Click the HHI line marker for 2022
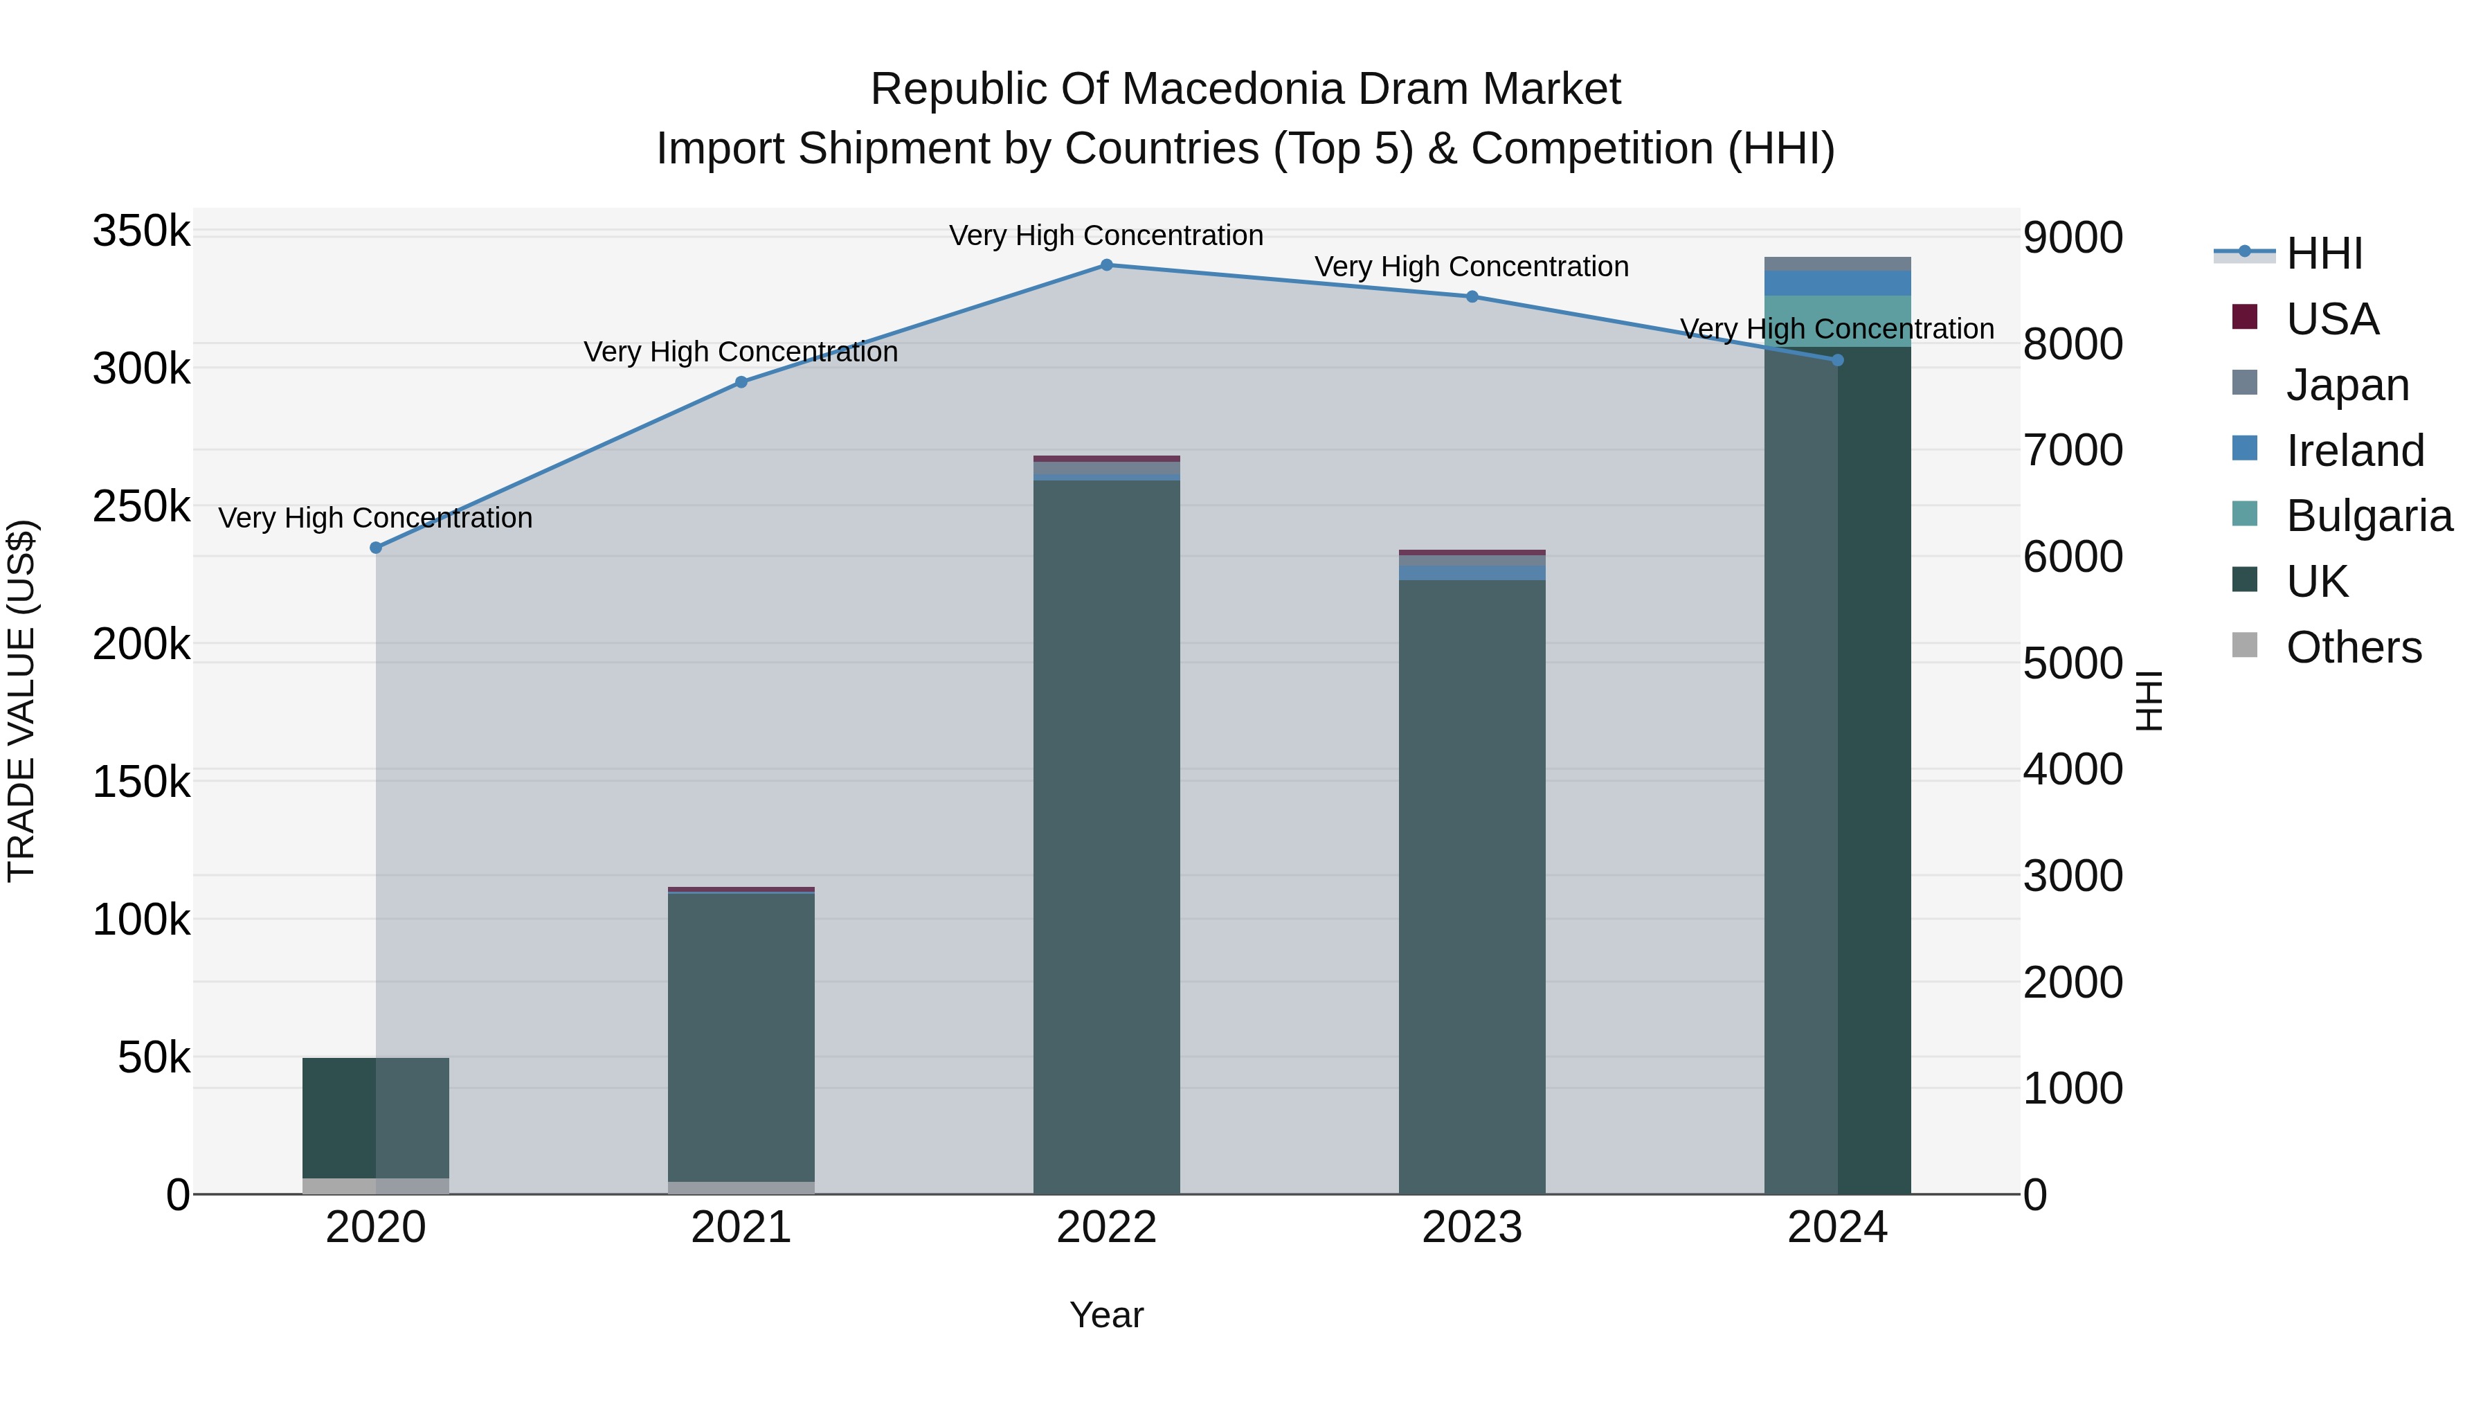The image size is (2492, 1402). click(1107, 265)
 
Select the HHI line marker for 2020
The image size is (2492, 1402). click(377, 548)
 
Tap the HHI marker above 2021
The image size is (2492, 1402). click(741, 382)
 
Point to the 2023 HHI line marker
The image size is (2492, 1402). click(1472, 297)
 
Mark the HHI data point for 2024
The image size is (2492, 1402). click(1838, 360)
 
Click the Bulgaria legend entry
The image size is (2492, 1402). click(2341, 516)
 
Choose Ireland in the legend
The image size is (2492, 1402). click(2327, 450)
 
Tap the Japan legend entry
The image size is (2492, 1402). click(2320, 384)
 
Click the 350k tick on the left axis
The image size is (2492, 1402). click(141, 232)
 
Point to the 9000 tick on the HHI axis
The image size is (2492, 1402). click(2073, 237)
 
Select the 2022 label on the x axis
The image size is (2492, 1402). click(1107, 1228)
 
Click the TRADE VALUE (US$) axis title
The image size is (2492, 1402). click(21, 701)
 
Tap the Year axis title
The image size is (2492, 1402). click(1107, 1315)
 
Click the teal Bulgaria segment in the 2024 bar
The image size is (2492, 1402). click(1838, 321)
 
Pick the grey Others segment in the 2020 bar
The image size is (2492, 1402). click(377, 1186)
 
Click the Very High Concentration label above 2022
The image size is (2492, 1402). click(1107, 235)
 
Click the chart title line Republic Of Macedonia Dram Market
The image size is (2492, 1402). click(1246, 89)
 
